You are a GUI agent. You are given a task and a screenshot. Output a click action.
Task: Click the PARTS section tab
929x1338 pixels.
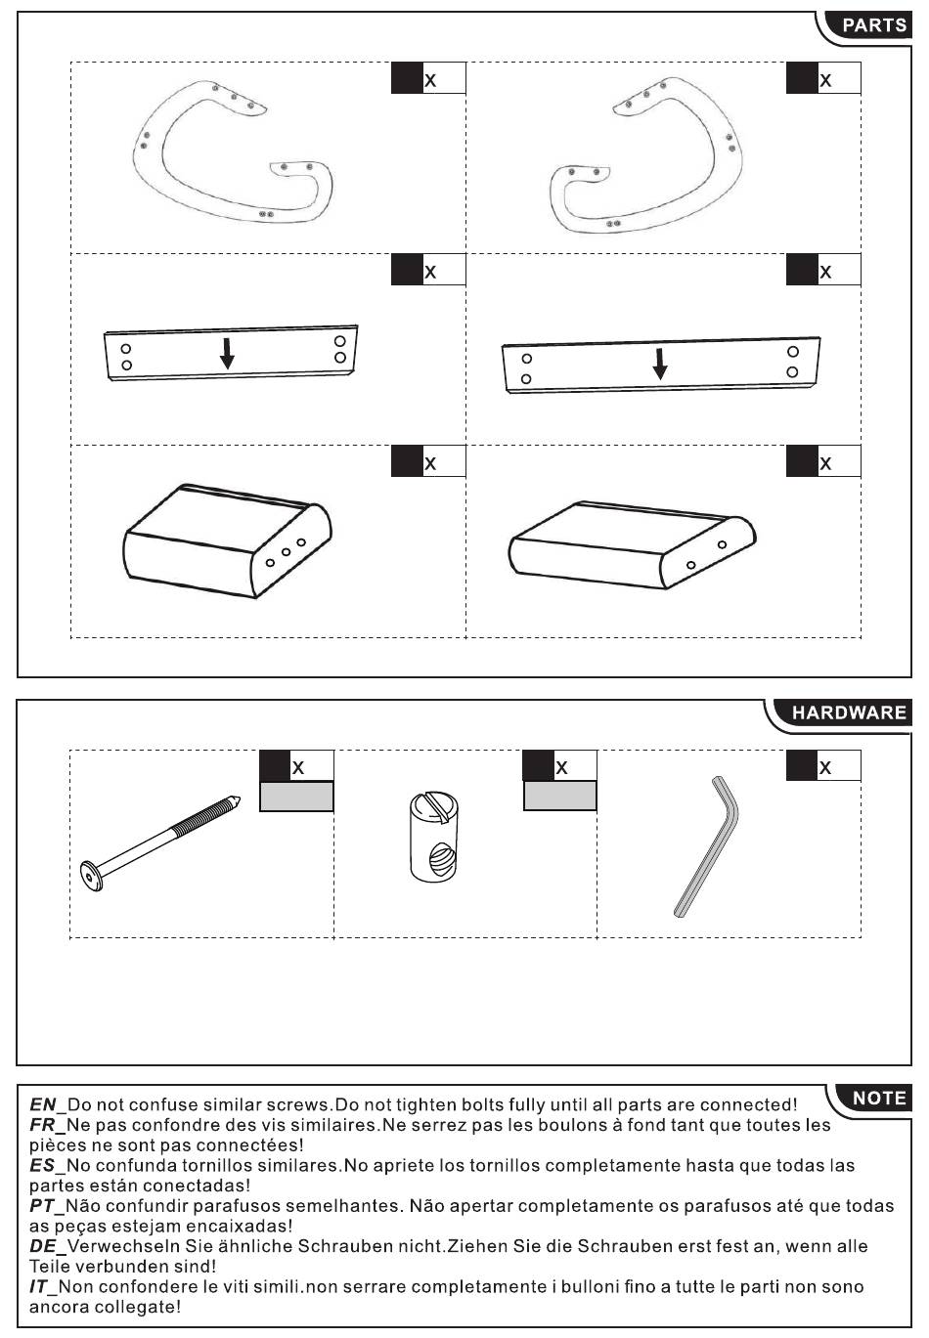873,25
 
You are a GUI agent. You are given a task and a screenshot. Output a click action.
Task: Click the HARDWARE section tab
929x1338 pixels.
848,712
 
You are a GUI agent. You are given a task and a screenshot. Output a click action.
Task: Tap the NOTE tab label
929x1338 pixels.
878,1098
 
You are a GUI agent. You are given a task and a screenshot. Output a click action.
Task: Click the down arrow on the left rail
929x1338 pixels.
227,353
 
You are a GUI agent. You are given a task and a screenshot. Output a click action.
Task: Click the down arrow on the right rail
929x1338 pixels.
661,364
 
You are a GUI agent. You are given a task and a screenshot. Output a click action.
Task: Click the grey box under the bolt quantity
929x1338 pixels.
296,797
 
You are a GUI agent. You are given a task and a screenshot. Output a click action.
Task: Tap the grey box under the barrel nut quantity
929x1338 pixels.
559,797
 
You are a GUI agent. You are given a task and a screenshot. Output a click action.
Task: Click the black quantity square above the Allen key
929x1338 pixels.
801,765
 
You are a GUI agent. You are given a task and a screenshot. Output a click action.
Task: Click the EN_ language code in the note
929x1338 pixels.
47,1104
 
